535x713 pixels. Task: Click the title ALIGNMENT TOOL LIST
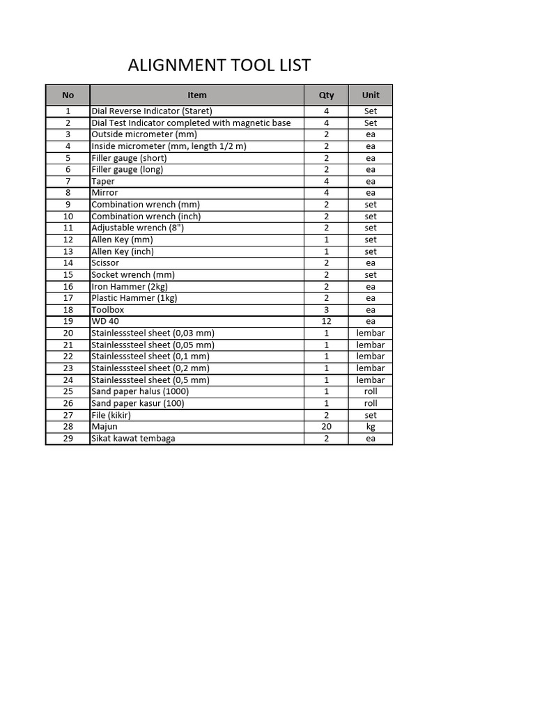click(219, 65)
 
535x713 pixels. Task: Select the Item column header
click(197, 95)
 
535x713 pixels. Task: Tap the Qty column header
click(326, 95)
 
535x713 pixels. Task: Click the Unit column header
click(371, 95)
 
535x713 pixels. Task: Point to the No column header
click(68, 95)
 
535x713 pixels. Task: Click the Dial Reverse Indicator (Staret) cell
click(152, 111)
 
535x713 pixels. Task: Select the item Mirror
click(105, 193)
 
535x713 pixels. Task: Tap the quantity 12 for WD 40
click(326, 322)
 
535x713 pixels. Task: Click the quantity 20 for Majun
click(326, 427)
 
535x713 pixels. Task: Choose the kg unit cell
click(371, 427)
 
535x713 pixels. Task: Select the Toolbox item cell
click(108, 310)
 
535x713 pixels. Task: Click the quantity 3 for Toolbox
click(326, 310)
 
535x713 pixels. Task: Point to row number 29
click(68, 439)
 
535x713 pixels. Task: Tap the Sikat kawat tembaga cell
click(133, 439)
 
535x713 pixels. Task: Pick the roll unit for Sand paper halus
click(371, 391)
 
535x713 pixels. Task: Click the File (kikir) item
click(111, 415)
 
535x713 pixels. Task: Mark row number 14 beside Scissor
click(68, 263)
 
